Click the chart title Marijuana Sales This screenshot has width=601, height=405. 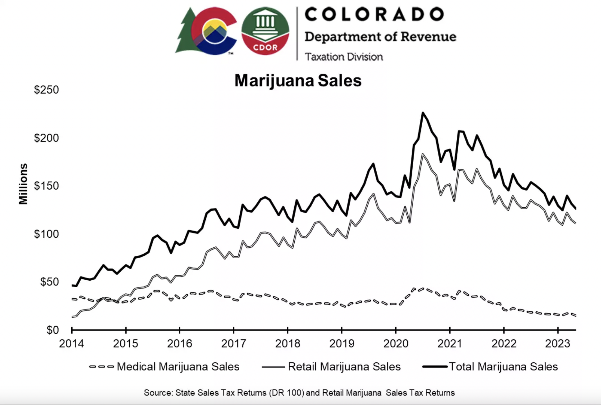point(298,81)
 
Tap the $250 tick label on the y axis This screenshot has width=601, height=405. point(46,90)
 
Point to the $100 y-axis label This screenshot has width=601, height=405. point(46,234)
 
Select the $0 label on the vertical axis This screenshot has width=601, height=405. point(52,330)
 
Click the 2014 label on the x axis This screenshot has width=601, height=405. point(71,344)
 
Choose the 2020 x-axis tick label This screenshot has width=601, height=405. point(396,344)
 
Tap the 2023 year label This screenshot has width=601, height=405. point(558,344)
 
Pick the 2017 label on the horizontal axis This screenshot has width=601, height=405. point(233,344)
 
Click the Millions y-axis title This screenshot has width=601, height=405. point(23,184)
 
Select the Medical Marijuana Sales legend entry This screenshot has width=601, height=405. point(178,367)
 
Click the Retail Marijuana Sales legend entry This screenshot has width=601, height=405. point(344,367)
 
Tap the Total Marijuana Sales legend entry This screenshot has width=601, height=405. point(503,367)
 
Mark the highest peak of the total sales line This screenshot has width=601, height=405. point(423,113)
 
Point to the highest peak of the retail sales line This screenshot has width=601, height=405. point(422,154)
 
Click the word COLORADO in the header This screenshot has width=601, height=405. point(374,14)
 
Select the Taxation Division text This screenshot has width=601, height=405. point(344,57)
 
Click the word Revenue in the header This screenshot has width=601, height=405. point(428,37)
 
